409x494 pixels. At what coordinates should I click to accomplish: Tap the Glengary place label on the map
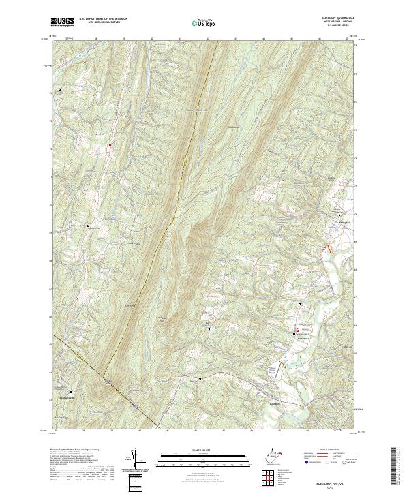point(271,403)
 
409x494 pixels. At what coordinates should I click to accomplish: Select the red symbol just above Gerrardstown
point(297,329)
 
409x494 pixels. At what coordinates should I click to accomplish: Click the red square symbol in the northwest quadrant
point(110,144)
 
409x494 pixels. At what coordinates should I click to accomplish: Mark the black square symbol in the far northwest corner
point(59,89)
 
